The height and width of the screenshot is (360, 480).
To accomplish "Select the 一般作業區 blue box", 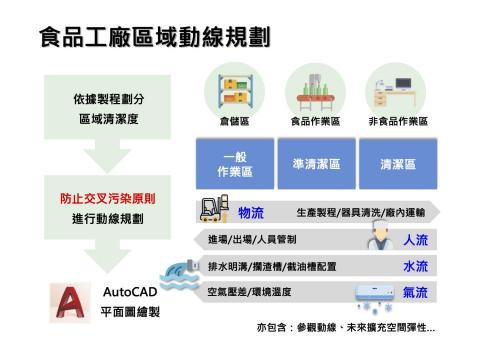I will pyautogui.click(x=235, y=164).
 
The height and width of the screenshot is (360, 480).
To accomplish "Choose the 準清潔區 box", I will pyautogui.click(x=313, y=164).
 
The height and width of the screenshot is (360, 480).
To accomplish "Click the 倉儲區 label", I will pyautogui.click(x=235, y=121).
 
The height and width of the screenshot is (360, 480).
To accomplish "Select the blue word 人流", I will pyautogui.click(x=415, y=241).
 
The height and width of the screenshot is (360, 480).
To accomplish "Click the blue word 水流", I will pyautogui.click(x=415, y=267).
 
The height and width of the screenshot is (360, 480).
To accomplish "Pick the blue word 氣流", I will pyautogui.click(x=415, y=293).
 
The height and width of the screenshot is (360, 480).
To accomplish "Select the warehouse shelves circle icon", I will pyautogui.click(x=235, y=87).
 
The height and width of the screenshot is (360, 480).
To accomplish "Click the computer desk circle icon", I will pyautogui.click(x=397, y=87).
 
